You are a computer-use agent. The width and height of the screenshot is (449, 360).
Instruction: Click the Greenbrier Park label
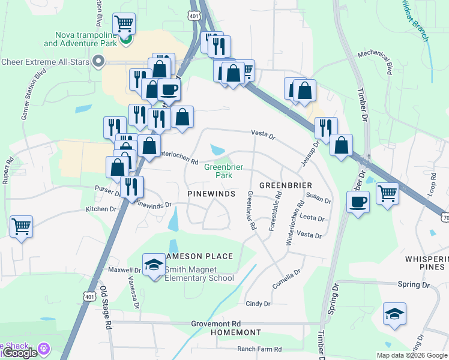click(x=218, y=171)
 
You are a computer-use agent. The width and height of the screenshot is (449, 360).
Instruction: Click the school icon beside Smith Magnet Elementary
click(x=153, y=265)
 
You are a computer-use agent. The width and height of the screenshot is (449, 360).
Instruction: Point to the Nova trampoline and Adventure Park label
click(x=81, y=39)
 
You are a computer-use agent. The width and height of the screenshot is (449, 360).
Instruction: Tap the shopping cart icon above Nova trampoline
click(x=124, y=25)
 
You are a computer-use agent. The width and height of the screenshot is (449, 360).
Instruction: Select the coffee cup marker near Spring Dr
click(x=358, y=202)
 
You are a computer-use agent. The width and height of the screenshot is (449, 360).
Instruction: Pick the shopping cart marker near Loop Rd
click(x=388, y=194)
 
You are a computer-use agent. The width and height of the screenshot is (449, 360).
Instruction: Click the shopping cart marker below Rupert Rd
click(x=22, y=227)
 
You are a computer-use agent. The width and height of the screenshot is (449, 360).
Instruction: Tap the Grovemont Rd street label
click(x=216, y=323)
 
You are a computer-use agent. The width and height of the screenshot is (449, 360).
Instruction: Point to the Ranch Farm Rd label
click(x=259, y=349)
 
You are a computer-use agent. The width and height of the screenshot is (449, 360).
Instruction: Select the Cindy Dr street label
click(x=258, y=304)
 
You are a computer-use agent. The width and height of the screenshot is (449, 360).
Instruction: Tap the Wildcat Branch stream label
click(x=415, y=21)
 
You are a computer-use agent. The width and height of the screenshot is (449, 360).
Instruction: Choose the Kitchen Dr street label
click(x=100, y=209)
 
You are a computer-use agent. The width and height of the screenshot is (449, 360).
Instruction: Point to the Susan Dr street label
click(x=318, y=198)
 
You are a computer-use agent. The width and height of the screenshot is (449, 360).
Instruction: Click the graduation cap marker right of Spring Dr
click(x=395, y=314)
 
